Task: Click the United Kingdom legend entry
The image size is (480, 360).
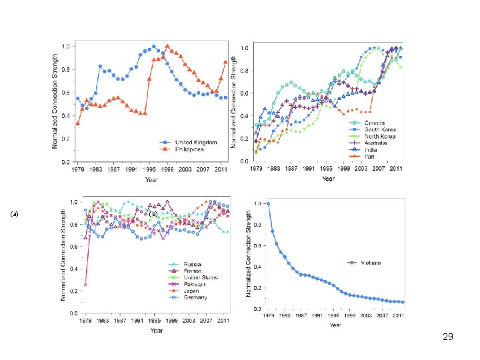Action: tap(195, 143)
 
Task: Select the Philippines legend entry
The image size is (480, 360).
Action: tap(190, 149)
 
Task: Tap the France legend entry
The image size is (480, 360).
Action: tap(194, 271)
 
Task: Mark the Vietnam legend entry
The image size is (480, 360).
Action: tap(372, 263)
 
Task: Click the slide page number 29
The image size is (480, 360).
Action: tap(447, 337)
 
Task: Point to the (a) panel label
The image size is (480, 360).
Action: tap(14, 215)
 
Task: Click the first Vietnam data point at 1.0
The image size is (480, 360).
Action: tap(268, 204)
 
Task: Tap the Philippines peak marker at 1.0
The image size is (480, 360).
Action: tap(167, 46)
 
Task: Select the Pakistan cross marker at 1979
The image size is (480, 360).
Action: tap(85, 285)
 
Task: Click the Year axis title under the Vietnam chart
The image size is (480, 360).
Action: tap(335, 325)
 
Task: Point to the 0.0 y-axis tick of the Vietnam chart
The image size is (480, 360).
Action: tap(257, 309)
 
